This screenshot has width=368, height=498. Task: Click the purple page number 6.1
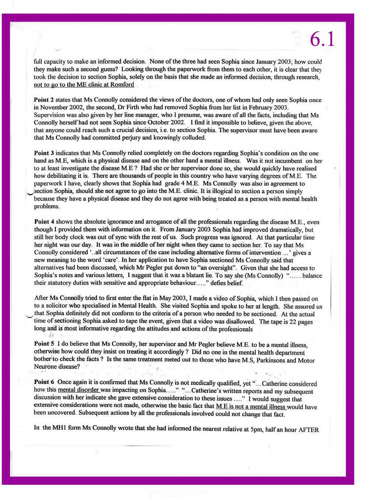tap(322, 39)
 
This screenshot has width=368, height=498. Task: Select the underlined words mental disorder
tap(78, 390)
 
